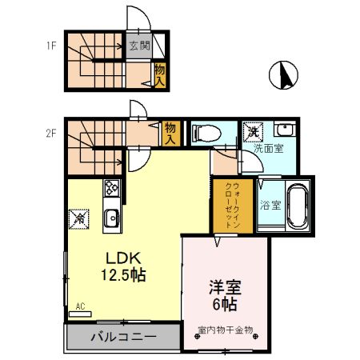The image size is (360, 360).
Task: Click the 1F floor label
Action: [x=50, y=46]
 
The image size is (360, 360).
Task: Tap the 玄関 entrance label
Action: [x=139, y=46]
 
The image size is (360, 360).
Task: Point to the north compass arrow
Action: [x=282, y=75]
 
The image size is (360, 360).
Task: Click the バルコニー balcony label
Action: [x=122, y=337]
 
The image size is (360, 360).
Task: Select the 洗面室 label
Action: [x=268, y=148]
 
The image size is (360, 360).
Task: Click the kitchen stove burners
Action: [x=110, y=190]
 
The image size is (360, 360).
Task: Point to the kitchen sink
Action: [x=111, y=217]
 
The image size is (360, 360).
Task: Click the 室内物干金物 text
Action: [x=225, y=329]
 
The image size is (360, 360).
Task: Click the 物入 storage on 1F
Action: [x=159, y=76]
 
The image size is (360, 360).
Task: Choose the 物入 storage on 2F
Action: [x=170, y=132]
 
